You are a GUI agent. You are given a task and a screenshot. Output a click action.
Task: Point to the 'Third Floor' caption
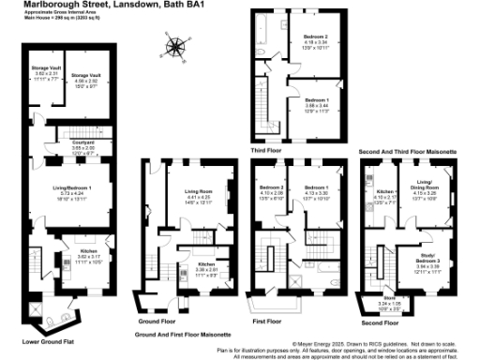coord(269,147)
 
